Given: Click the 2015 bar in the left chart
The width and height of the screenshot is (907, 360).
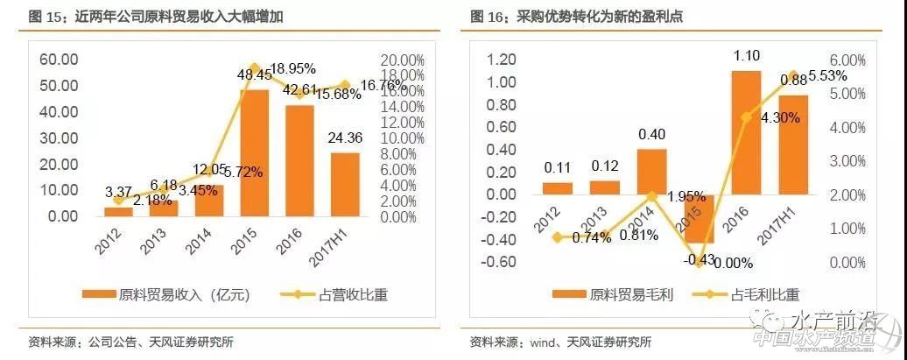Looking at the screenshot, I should (x=254, y=152).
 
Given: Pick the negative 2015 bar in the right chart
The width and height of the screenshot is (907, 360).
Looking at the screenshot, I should (x=698, y=218).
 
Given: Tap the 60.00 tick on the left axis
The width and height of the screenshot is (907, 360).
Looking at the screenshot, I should (x=59, y=60).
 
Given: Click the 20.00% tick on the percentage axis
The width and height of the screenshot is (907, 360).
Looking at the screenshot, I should (x=400, y=60).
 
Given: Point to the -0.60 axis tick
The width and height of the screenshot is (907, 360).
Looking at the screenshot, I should (x=505, y=262).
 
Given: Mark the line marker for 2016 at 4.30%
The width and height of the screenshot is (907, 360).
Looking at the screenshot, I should (x=745, y=116).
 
